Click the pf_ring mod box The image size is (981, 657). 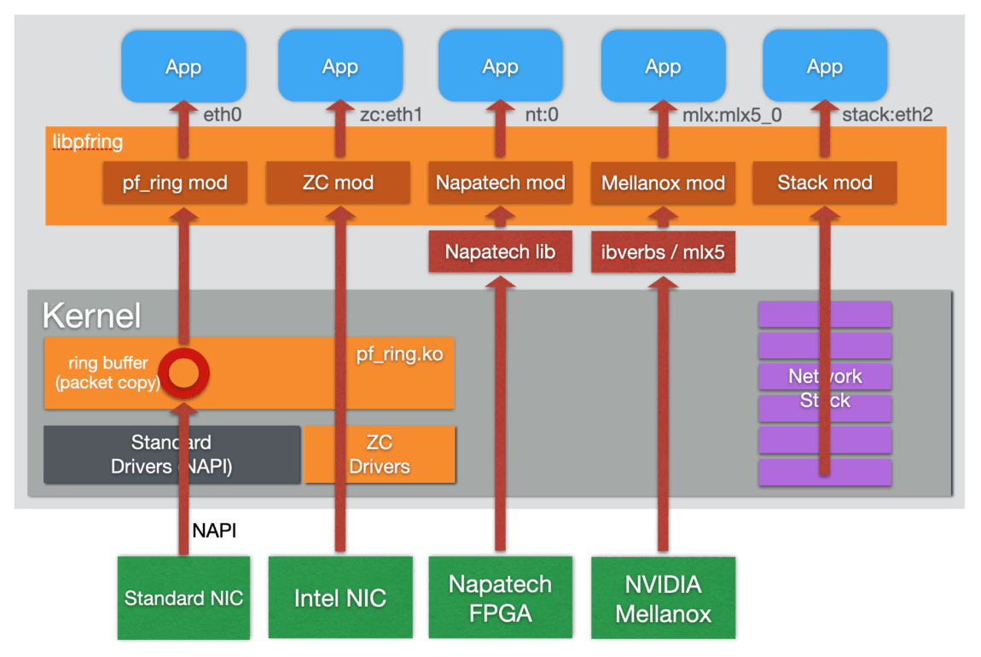[x=175, y=183]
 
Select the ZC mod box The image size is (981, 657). [x=339, y=183]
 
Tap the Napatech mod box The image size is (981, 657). [x=501, y=183]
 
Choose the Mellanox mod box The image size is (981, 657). [x=663, y=183]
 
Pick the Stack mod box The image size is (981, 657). [x=824, y=183]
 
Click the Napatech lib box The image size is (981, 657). [x=500, y=252]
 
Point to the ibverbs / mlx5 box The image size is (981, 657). [x=663, y=252]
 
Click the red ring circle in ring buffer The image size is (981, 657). [x=184, y=373]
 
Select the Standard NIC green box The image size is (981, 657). [x=183, y=598]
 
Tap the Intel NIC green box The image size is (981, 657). [x=340, y=598]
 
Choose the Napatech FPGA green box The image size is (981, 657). [x=500, y=598]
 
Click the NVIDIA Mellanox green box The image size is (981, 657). [x=663, y=598]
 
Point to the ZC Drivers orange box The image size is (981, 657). [x=380, y=455]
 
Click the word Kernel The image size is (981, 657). [x=91, y=317]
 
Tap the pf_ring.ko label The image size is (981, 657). [x=399, y=353]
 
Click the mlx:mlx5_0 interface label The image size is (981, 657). [x=733, y=114]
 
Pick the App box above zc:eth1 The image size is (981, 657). [x=340, y=66]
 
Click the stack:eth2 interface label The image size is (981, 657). [x=886, y=114]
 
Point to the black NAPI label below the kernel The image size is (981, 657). [x=214, y=531]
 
